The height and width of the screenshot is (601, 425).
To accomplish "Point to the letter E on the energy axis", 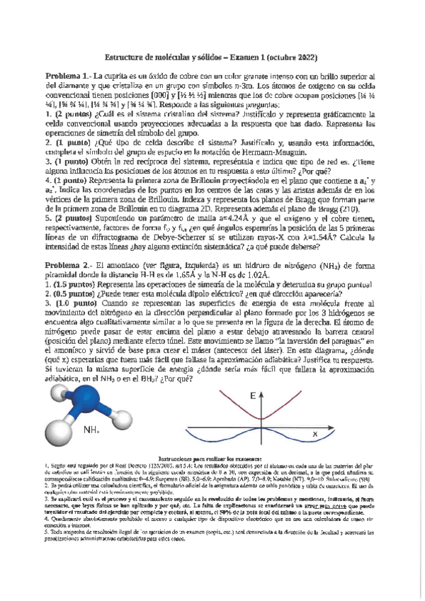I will tap(253, 396).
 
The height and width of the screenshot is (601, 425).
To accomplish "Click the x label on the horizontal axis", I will tap(315, 431).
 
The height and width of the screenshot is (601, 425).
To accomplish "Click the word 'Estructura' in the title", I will tap(128, 57).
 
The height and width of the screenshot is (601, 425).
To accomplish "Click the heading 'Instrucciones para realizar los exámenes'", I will tap(212, 459).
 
